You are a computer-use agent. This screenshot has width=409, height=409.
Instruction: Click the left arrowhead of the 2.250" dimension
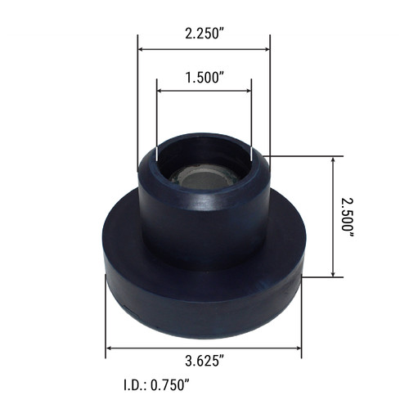(142, 49)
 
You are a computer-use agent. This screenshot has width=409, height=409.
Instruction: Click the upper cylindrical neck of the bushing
(204, 217)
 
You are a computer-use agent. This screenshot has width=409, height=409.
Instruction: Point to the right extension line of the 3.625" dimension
(302, 319)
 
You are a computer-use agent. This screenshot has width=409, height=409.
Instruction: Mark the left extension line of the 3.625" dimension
(106, 319)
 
